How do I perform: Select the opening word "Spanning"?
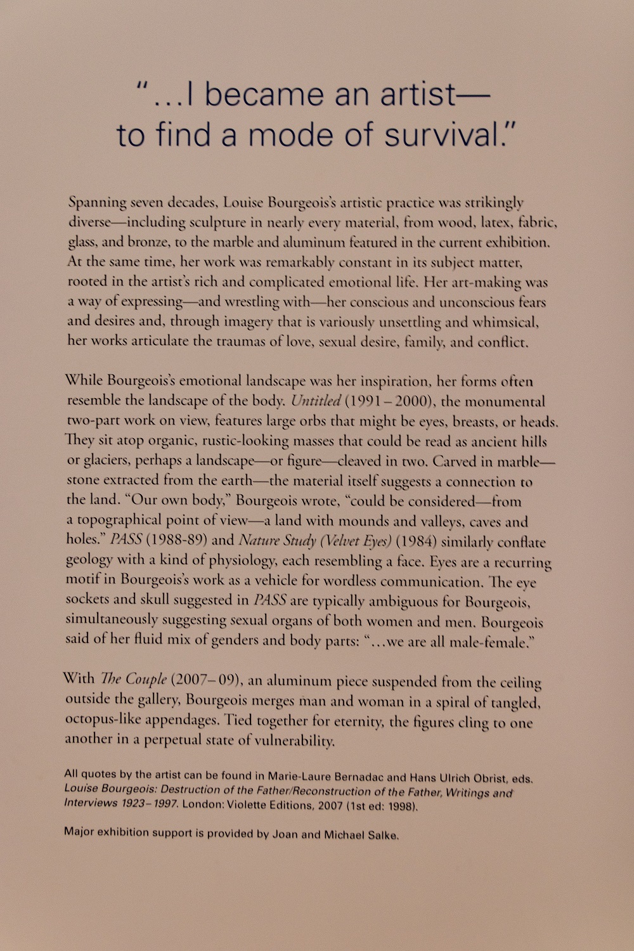(x=98, y=203)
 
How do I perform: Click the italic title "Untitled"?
(x=316, y=401)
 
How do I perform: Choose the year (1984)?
(x=416, y=541)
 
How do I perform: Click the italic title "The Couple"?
(x=133, y=679)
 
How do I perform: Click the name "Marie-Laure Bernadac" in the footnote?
(x=325, y=777)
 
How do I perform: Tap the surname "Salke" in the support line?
(x=382, y=835)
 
